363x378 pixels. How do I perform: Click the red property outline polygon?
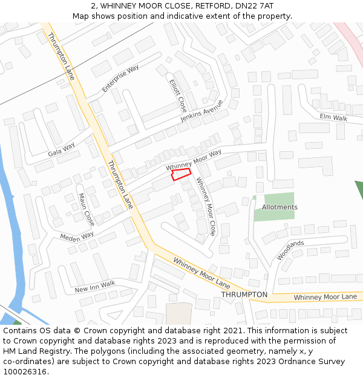pyautogui.click(x=181, y=174)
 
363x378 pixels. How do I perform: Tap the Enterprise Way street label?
pyautogui.click(x=120, y=79)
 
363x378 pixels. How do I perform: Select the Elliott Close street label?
pyautogui.click(x=178, y=95)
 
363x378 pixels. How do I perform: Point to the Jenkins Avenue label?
pyautogui.click(x=201, y=111)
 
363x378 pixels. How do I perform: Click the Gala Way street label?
pyautogui.click(x=61, y=149)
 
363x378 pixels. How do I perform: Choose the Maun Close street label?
pyautogui.click(x=87, y=209)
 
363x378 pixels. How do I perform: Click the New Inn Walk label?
pyautogui.click(x=94, y=286)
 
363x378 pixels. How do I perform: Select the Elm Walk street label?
pyautogui.click(x=334, y=117)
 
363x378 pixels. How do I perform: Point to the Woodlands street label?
pyautogui.click(x=290, y=250)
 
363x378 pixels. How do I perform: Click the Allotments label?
pyautogui.click(x=280, y=207)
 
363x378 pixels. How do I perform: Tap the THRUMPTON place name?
pyautogui.click(x=244, y=295)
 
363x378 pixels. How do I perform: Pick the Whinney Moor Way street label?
pyautogui.click(x=194, y=159)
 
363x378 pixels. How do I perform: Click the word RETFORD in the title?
pyautogui.click(x=211, y=5)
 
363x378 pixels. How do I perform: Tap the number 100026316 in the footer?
pyautogui.click(x=24, y=371)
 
